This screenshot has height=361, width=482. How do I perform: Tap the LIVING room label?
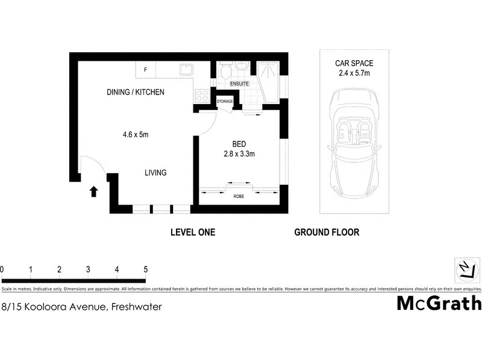pyautogui.click(x=155, y=173)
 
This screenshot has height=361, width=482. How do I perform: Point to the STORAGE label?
pyautogui.click(x=225, y=102)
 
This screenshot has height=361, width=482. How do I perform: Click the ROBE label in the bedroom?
pyautogui.click(x=239, y=196)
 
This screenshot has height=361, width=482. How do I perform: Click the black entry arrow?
pyautogui.click(x=93, y=192)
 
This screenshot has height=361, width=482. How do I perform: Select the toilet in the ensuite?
pyautogui.click(x=225, y=70)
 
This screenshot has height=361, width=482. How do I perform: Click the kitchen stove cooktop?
pyautogui.click(x=202, y=94)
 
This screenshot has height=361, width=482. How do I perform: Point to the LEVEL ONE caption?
pyautogui.click(x=193, y=232)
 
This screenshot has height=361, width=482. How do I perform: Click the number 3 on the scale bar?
pyautogui.click(x=88, y=269)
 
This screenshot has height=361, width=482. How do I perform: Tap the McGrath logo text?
pyautogui.click(x=438, y=303)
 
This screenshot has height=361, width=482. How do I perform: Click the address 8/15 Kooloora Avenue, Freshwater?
pyautogui.click(x=81, y=306)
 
